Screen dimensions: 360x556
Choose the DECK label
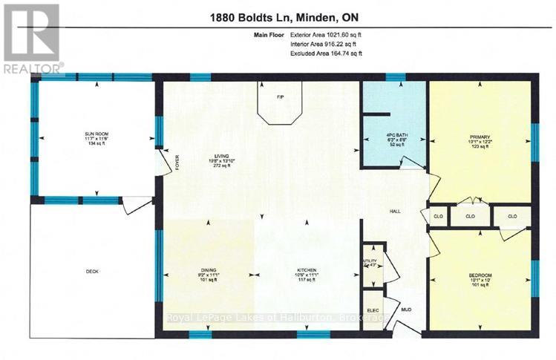[x=92, y=270]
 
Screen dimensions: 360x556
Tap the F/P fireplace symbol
[x=280, y=97]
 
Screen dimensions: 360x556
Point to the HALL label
[x=396, y=211]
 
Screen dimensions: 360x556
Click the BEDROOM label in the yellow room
[x=480, y=275]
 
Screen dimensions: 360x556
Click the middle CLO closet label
[x=470, y=217]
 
